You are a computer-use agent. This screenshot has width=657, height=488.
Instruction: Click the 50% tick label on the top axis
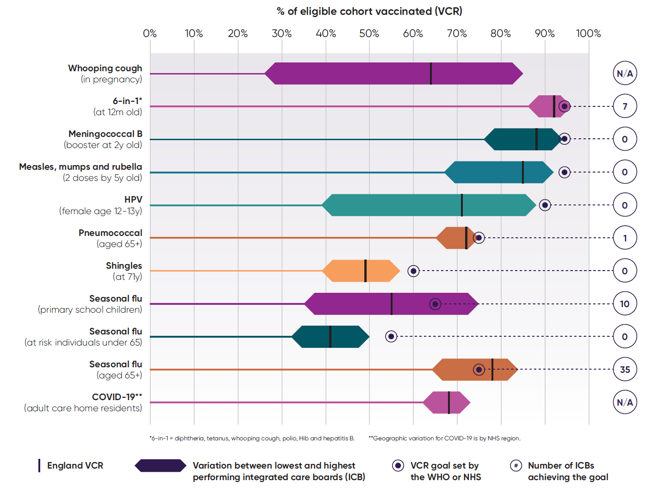tap(369, 33)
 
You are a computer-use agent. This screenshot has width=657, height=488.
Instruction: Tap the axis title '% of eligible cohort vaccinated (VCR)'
tap(369, 11)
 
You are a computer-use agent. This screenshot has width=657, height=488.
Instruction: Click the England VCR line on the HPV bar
tap(462, 205)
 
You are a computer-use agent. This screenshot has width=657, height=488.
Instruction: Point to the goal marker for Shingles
tap(413, 271)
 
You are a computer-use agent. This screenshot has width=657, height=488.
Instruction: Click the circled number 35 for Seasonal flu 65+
tap(625, 370)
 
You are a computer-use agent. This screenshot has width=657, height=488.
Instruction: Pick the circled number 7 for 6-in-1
tap(625, 106)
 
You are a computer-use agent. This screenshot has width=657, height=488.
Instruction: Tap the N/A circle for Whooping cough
tap(625, 74)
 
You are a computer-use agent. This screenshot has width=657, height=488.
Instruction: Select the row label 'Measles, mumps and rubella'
tap(80, 167)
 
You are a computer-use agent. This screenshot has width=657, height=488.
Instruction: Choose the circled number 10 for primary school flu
tap(625, 304)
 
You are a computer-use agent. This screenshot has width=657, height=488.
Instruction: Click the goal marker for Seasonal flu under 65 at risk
tap(391, 337)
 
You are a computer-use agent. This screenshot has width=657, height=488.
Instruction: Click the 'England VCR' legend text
tap(75, 465)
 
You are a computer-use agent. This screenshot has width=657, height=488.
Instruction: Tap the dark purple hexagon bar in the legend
tap(160, 465)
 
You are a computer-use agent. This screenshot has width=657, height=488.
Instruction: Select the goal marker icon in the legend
tap(398, 465)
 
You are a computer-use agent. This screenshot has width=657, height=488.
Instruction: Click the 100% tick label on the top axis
tap(588, 33)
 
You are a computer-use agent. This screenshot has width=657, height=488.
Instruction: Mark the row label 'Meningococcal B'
tap(105, 134)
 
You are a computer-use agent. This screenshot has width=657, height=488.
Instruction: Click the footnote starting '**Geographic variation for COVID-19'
tap(444, 438)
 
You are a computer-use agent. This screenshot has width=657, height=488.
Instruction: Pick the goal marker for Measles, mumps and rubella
tap(564, 172)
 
